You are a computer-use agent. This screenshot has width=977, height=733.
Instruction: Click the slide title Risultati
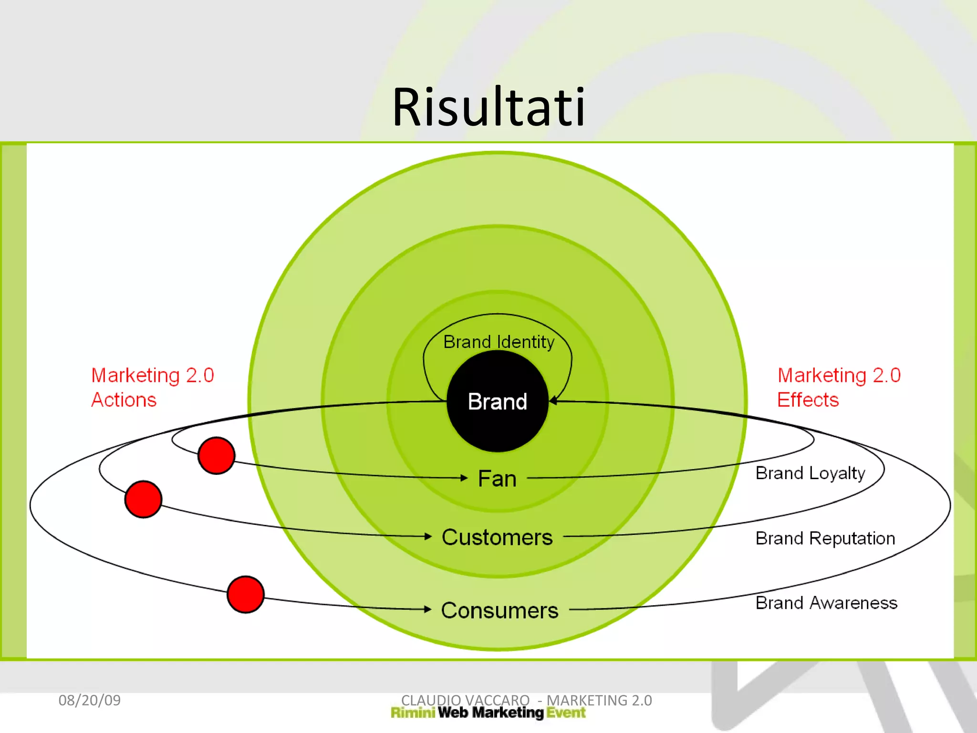click(488, 107)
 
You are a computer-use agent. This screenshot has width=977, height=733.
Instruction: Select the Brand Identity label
click(499, 342)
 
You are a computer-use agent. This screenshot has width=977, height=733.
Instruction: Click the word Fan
click(497, 479)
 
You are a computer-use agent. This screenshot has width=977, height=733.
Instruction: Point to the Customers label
click(497, 537)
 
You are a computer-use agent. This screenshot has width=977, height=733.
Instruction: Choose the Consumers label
click(499, 610)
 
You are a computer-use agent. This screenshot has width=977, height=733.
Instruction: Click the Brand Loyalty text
click(810, 473)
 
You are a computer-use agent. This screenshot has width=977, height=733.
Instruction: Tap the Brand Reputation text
click(825, 538)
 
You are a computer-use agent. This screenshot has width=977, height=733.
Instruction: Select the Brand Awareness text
click(826, 603)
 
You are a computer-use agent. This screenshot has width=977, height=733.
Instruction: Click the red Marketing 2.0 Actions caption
click(152, 387)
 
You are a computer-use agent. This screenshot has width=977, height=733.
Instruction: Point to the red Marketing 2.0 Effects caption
click(839, 387)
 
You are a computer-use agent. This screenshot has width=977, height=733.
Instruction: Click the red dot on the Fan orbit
click(217, 455)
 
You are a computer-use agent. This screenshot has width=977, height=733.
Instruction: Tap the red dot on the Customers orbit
click(143, 499)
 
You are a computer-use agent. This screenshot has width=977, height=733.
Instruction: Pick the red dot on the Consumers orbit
click(246, 595)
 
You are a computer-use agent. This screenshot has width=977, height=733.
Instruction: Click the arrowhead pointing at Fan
click(464, 478)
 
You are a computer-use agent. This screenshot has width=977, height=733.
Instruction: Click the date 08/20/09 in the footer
click(90, 700)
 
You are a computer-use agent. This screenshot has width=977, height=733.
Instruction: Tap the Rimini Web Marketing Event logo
click(488, 713)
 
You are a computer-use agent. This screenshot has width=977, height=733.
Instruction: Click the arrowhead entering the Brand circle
click(553, 401)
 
